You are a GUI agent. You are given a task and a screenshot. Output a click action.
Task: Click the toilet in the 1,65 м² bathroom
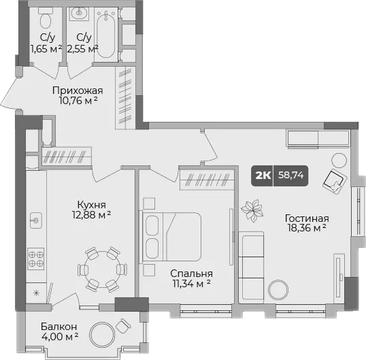tap(46, 18)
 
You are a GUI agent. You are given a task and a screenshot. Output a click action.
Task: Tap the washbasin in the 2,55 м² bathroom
tap(79, 14)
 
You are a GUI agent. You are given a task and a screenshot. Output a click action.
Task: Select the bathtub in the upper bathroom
tap(106, 34)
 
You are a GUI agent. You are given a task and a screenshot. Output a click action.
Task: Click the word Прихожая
tap(78, 91)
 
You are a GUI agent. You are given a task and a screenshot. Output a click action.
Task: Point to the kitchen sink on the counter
tap(36, 220)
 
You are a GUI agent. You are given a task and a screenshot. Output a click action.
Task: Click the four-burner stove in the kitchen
tap(36, 259)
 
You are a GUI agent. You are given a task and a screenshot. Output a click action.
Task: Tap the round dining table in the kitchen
tap(103, 269)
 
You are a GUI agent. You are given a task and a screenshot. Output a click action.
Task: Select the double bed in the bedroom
tap(170, 237)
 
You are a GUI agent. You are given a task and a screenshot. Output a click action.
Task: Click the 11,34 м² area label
tap(191, 283)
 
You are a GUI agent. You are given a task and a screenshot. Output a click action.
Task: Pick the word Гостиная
tap(307, 218)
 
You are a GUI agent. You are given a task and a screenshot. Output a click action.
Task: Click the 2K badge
tap(263, 176)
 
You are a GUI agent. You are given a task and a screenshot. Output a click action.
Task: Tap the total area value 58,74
tap(291, 175)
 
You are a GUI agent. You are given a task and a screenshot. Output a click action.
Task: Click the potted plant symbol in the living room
tap(252, 210)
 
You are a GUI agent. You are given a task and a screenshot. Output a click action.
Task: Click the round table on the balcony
tap(102, 335)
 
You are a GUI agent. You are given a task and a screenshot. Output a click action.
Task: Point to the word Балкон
tap(59, 327)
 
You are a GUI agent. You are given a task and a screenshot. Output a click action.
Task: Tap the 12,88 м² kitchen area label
tap(91, 214)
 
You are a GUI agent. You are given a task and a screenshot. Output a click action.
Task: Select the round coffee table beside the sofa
tap(278, 290)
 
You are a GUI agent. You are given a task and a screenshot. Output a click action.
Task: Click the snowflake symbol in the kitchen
tap(36, 293)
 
